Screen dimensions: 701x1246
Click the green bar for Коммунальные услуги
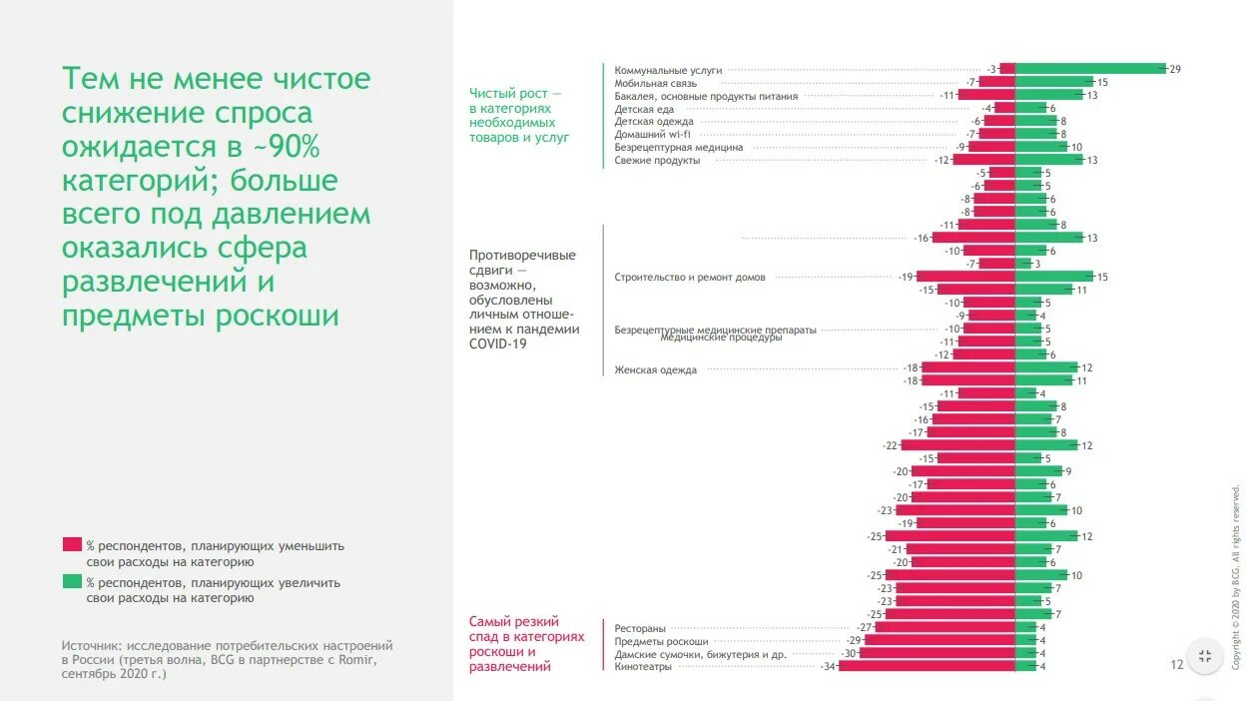click(x=1090, y=69)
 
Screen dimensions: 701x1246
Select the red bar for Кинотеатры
click(x=927, y=666)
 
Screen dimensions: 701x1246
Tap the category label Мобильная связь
click(x=656, y=83)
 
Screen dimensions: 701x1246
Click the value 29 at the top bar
click(x=1175, y=69)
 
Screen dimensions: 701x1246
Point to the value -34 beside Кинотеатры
click(x=828, y=666)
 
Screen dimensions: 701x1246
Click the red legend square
click(x=72, y=545)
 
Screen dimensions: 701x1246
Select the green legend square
click(x=72, y=581)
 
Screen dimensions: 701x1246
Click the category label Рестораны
click(x=640, y=628)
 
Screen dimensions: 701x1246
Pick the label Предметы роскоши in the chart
click(x=661, y=641)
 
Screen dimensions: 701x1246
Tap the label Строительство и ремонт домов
click(x=690, y=277)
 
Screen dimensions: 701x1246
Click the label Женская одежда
click(x=655, y=369)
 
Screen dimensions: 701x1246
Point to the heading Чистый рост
click(x=514, y=93)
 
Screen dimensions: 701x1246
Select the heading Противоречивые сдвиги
click(x=522, y=262)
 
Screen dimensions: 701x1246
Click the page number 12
click(x=1176, y=664)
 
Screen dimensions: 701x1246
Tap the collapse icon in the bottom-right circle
click(x=1205, y=656)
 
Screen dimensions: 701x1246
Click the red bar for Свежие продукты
click(x=983, y=160)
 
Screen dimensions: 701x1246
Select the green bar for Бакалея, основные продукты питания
click(x=1048, y=95)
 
